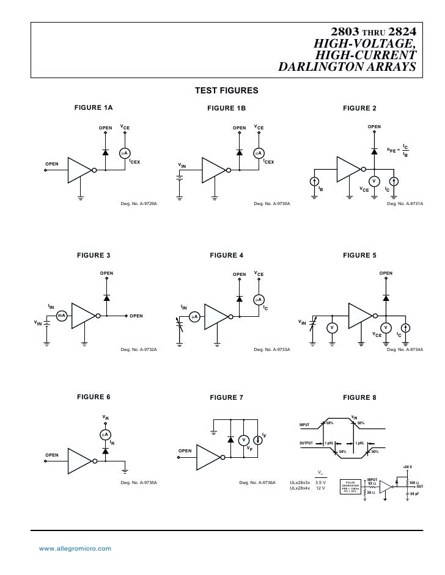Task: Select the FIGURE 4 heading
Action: click(x=226, y=255)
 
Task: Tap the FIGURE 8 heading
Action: click(x=359, y=397)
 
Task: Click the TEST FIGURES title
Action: click(x=227, y=92)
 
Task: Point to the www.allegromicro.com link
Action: click(x=75, y=549)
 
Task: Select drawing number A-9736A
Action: click(x=257, y=483)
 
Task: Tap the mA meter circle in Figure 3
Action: click(x=62, y=316)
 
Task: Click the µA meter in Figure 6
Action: click(x=106, y=434)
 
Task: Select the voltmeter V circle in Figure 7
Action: click(x=243, y=441)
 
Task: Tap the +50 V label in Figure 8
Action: click(x=407, y=467)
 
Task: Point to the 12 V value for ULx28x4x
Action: click(x=320, y=488)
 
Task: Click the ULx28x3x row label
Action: click(x=300, y=482)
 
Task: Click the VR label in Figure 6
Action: click(x=105, y=418)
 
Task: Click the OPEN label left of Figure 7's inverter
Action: click(x=185, y=450)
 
